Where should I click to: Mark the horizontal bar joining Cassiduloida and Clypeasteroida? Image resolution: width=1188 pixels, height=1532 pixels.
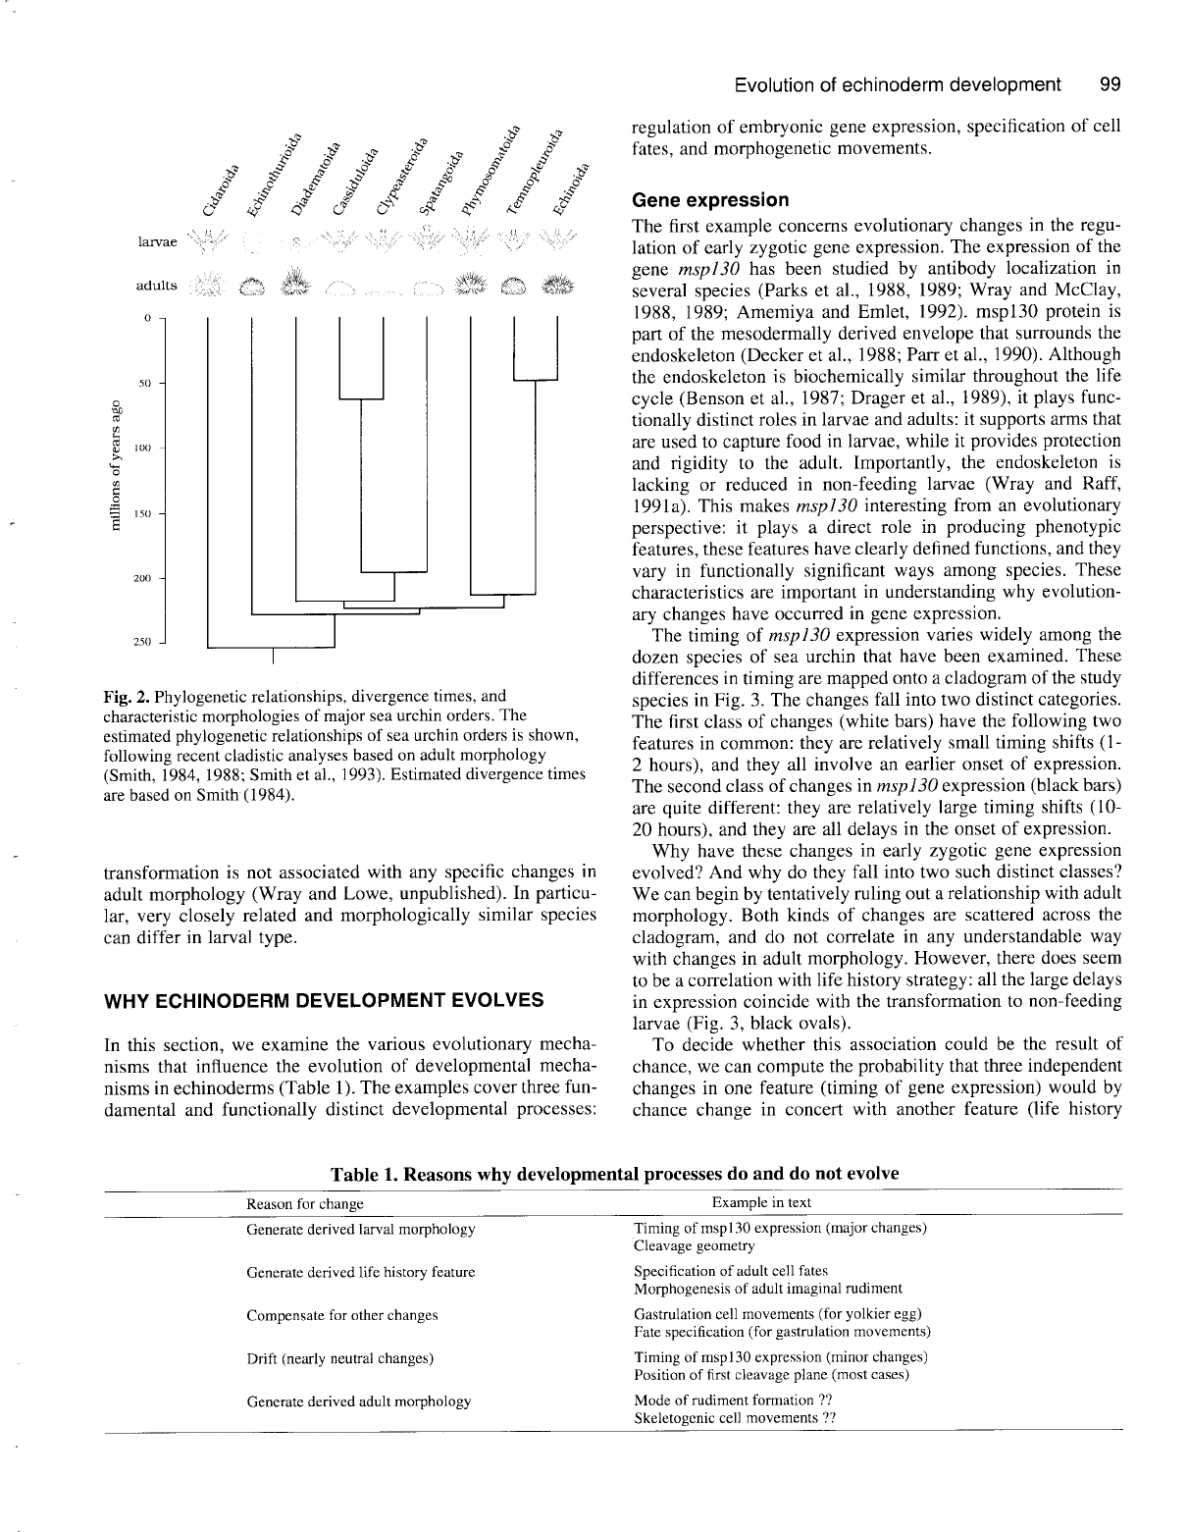(361, 399)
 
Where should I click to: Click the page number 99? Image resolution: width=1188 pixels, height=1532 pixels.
(1111, 84)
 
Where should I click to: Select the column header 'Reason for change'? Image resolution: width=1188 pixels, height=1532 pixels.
(304, 1203)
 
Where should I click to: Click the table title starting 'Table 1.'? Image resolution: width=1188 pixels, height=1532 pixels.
(614, 1173)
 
